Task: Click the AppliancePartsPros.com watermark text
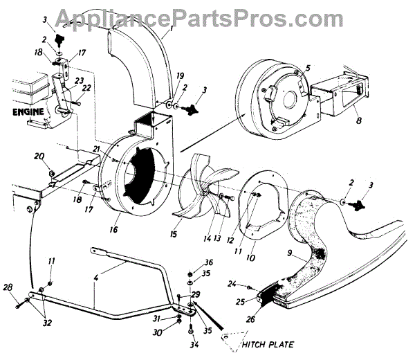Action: pos(207,16)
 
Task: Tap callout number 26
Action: pos(250,319)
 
